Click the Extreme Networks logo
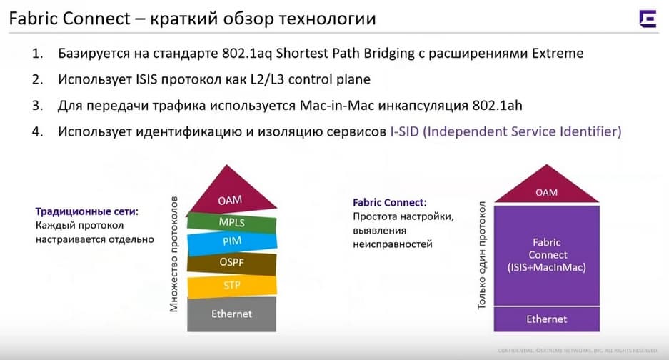(648, 19)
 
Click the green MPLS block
(231, 222)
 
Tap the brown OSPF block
(231, 263)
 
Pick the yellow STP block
(232, 286)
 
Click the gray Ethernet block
(231, 314)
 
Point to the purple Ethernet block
(546, 319)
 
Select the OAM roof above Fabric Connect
(546, 186)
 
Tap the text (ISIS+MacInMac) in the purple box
(546, 267)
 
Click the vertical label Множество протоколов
(173, 254)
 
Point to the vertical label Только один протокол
(482, 256)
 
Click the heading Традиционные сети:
(87, 211)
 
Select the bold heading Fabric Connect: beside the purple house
(390, 202)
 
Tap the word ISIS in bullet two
(146, 79)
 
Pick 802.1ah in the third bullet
(497, 106)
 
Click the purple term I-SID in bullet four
(405, 131)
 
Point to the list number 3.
(38, 106)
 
